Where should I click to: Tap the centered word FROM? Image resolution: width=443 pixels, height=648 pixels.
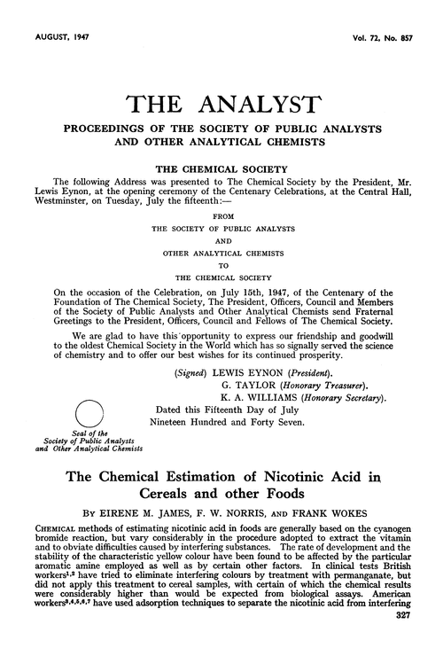(221, 215)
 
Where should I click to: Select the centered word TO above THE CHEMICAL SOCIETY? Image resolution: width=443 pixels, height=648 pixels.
(221, 262)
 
